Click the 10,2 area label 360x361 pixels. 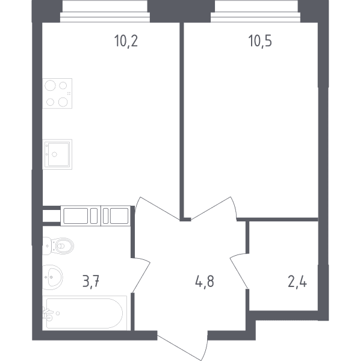point(126,41)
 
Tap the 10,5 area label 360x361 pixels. point(260,41)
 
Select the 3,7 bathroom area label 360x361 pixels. point(91,282)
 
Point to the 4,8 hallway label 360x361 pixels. point(205,282)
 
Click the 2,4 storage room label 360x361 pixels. point(297,282)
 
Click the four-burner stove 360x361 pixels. point(57,93)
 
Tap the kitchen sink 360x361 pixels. point(57,154)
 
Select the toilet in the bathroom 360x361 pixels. point(58,246)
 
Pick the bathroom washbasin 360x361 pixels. point(52,277)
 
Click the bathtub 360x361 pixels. point(84,313)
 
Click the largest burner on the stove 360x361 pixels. point(50,86)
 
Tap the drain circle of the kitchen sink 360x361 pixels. point(54,155)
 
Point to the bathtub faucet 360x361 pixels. point(48,313)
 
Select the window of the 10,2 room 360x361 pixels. point(105,11)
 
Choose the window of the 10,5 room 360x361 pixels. point(256,11)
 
